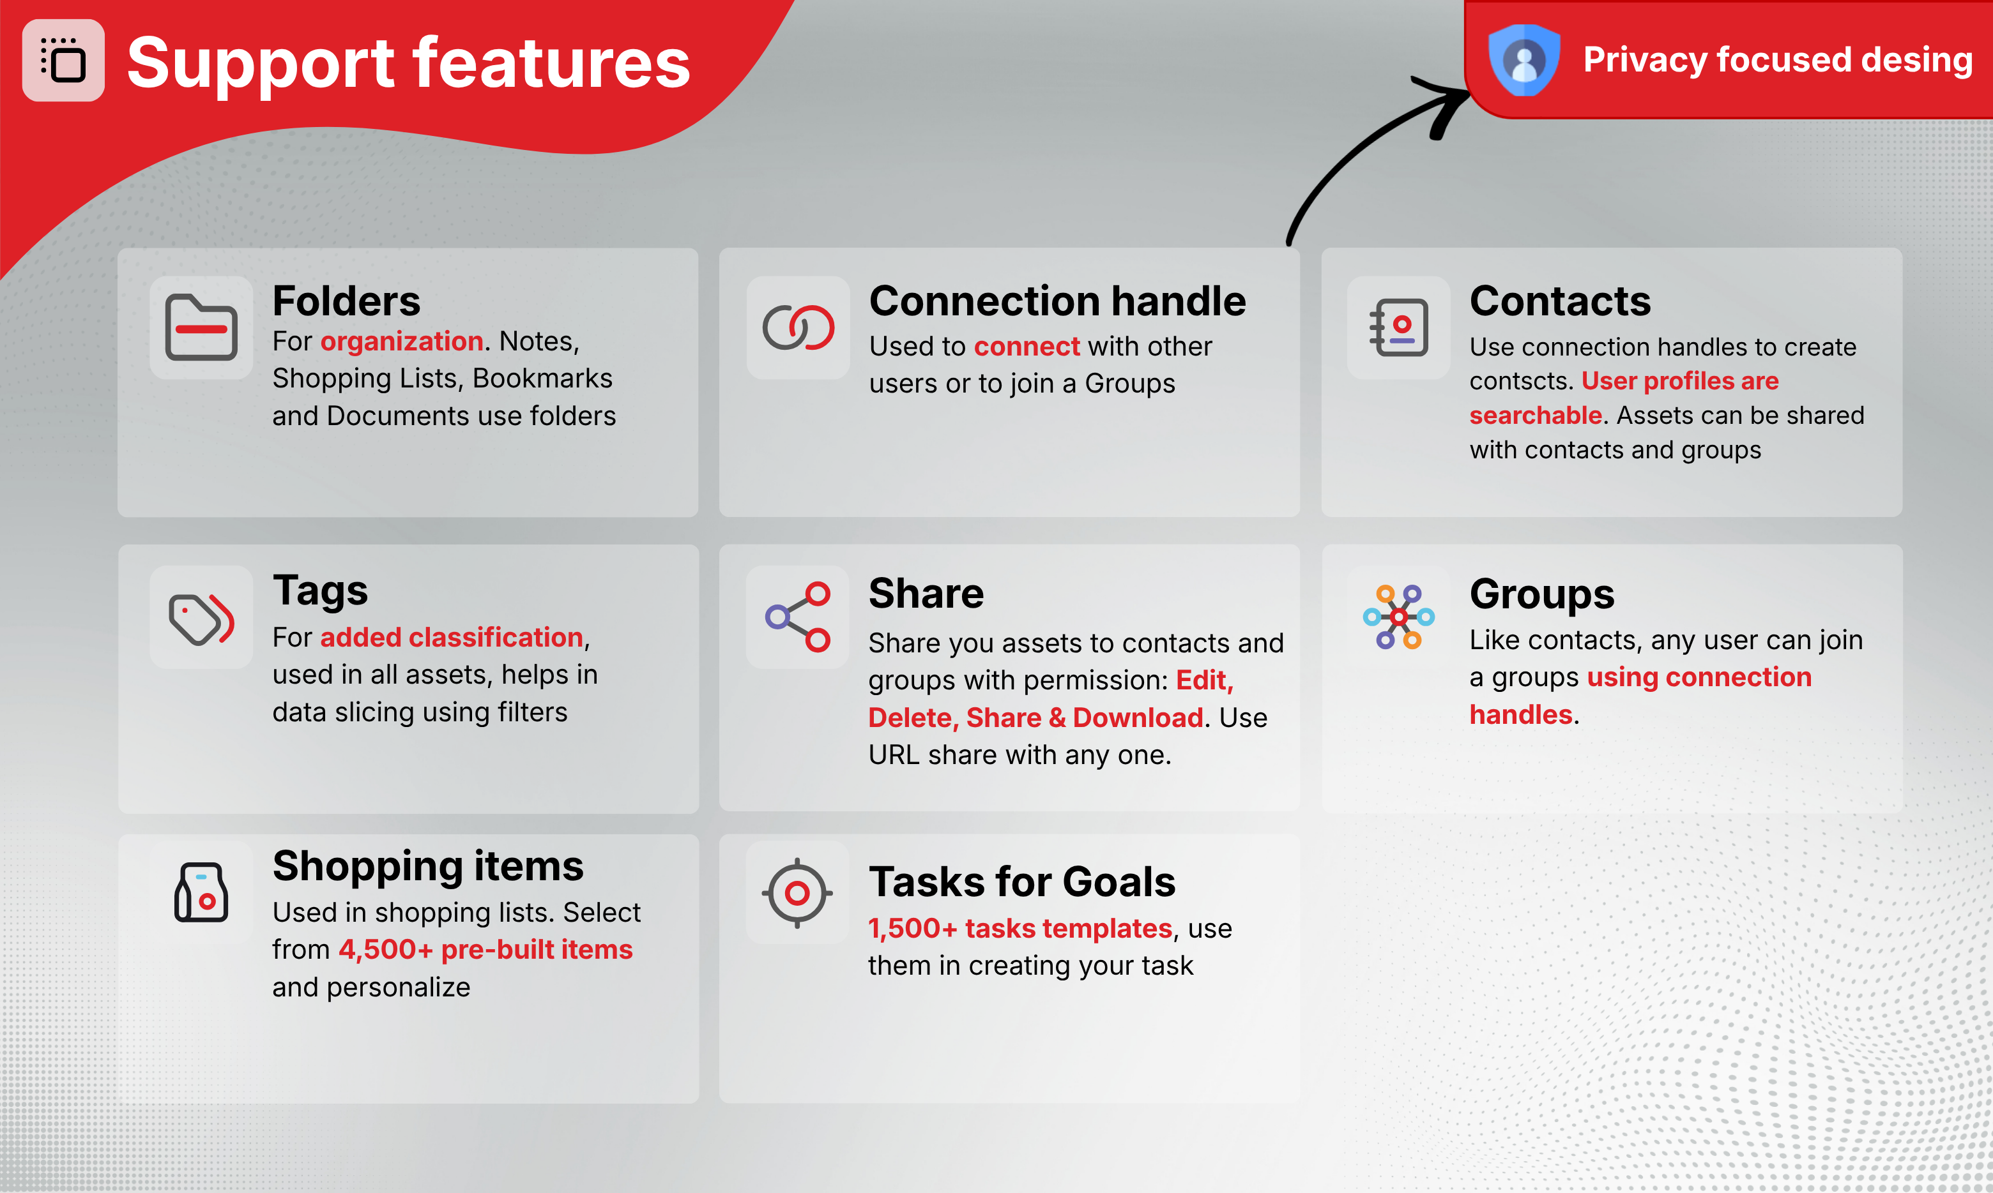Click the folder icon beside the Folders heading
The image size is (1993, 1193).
(201, 327)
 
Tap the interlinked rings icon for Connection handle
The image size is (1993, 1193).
(798, 327)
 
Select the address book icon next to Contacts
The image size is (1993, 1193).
(1399, 327)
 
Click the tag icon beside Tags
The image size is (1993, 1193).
(201, 619)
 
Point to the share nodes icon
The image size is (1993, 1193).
(798, 617)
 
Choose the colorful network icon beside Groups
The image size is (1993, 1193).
(1399, 617)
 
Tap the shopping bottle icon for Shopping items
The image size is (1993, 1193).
(201, 892)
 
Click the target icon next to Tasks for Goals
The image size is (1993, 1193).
(797, 892)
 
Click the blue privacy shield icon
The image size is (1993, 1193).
(1523, 60)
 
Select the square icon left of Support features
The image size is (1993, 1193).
(63, 60)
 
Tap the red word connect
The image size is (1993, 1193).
(1027, 347)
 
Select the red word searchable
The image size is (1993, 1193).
(1536, 416)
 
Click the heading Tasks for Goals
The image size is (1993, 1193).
(1021, 882)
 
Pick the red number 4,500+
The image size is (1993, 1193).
(385, 949)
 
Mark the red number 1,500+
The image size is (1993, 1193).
(913, 929)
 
